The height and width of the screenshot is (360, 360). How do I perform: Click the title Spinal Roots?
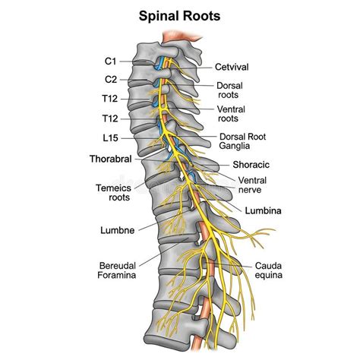point(180,14)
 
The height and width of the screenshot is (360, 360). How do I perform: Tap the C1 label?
point(112,59)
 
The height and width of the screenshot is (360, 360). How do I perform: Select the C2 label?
point(112,78)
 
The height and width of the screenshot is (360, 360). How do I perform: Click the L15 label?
point(111,137)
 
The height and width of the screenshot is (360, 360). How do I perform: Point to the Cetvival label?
point(232,67)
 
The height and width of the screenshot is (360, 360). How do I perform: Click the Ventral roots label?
point(230,114)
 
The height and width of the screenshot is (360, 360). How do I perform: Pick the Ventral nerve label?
point(251,184)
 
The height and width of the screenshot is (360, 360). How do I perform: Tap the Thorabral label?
point(110,159)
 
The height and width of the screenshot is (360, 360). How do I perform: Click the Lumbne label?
point(118,229)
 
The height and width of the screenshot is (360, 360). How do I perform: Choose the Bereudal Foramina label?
point(118,270)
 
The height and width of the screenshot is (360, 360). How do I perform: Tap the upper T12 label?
point(111,98)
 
